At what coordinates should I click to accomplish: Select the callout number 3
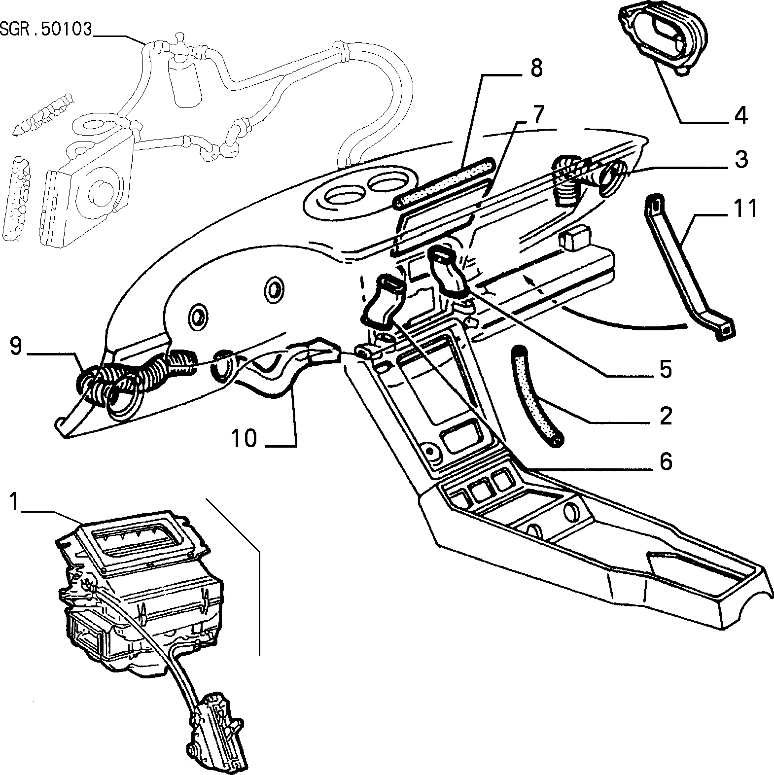tap(740, 160)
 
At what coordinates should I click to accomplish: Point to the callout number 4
tap(740, 116)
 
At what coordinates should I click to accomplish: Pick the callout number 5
tap(666, 368)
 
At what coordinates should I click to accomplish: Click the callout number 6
tap(666, 461)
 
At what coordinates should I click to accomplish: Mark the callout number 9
tap(16, 346)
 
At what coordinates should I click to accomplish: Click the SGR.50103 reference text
tap(46, 30)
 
